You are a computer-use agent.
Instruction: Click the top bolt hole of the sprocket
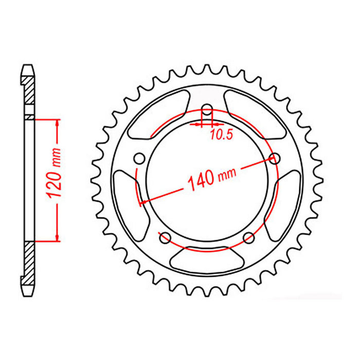tap(207, 110)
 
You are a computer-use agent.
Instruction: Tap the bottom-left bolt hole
tap(165, 238)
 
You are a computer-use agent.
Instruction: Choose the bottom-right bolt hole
tap(248, 238)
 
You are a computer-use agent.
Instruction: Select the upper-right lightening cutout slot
tap(257, 114)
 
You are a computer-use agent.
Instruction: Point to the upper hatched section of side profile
tap(30, 95)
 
